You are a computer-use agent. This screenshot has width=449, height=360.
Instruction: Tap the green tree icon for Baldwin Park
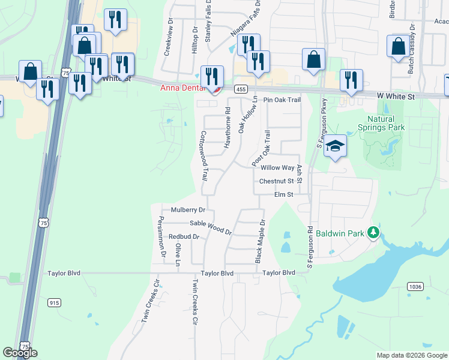click(373, 232)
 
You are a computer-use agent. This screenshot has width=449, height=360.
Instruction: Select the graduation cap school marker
click(335, 146)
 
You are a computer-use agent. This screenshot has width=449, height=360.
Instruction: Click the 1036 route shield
click(415, 287)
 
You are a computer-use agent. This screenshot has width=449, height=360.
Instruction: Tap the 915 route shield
click(55, 304)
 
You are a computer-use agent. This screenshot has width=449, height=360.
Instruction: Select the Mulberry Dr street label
click(188, 210)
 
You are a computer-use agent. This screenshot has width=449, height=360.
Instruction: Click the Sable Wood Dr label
click(211, 226)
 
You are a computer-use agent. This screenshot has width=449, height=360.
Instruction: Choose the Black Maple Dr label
click(261, 241)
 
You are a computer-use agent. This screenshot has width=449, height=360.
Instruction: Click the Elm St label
click(283, 194)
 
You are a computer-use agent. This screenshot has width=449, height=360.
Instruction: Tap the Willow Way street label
click(277, 169)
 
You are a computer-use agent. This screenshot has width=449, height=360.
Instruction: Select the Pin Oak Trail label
click(282, 100)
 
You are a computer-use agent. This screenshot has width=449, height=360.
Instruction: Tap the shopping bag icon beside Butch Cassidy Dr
click(398, 46)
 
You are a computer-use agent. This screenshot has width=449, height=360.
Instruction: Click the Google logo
click(20, 353)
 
